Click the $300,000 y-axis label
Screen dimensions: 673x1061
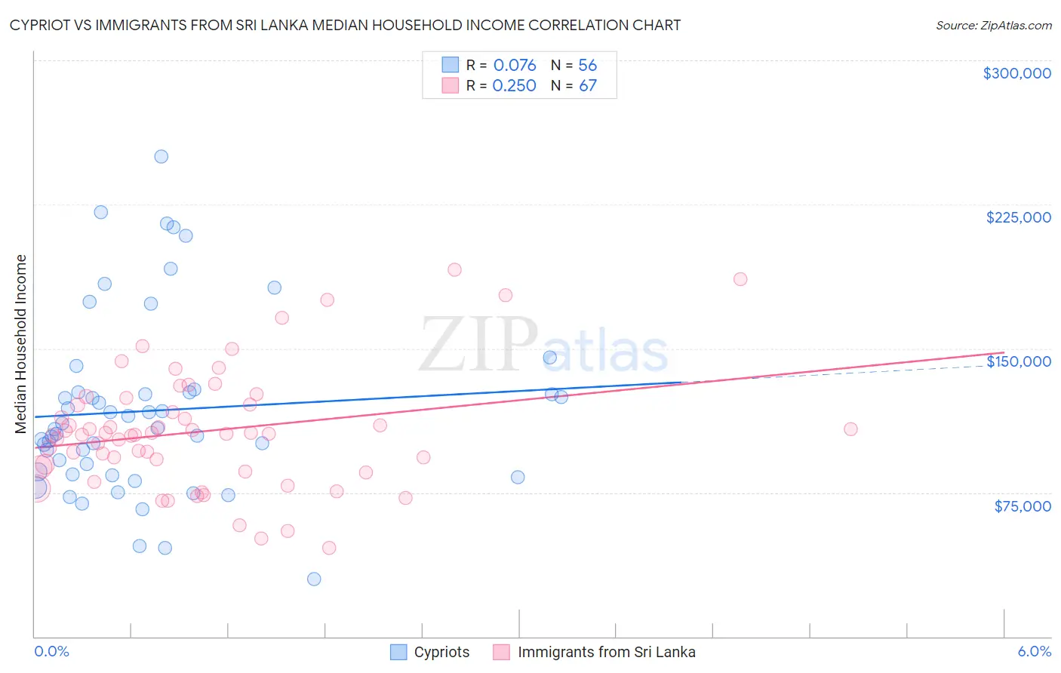pos(1016,73)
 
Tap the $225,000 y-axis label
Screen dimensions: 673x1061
pos(1018,217)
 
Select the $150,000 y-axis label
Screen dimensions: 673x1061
pos(1018,361)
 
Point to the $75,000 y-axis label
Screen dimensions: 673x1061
pos(1022,506)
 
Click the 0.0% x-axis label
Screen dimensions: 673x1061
pos(51,651)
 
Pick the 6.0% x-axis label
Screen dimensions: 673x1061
pos(1034,651)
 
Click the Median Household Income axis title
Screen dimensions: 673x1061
pos(21,344)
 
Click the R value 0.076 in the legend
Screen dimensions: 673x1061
pos(515,65)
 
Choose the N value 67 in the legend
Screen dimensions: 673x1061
pos(588,85)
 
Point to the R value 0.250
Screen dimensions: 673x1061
pos(515,85)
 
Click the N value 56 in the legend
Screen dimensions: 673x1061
pos(588,65)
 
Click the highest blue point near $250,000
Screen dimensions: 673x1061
pos(161,157)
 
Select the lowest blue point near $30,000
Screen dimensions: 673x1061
pos(314,579)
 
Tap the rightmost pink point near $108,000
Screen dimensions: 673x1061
pos(850,429)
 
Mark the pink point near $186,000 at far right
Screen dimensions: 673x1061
pos(740,279)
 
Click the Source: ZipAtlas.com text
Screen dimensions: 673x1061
pos(993,26)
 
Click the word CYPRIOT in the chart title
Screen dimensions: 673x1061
pos(43,26)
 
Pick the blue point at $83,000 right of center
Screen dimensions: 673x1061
pos(518,477)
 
